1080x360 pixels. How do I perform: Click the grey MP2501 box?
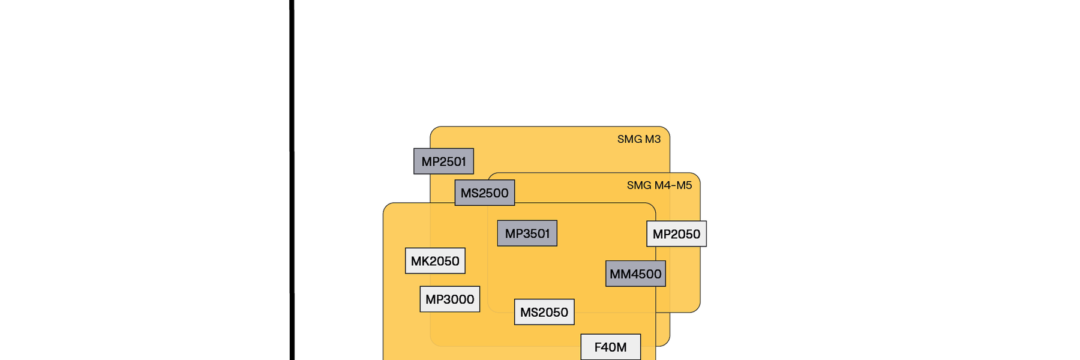[443, 161]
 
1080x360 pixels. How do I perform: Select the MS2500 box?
[484, 193]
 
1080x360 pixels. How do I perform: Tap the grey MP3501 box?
[527, 233]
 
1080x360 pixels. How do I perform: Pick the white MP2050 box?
[676, 234]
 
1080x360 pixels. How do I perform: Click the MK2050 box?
[435, 261]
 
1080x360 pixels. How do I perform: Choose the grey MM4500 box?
[635, 274]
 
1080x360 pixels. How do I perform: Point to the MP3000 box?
[449, 299]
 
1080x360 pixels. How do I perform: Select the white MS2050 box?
[544, 312]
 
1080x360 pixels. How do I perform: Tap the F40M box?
[610, 347]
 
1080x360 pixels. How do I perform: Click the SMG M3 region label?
[639, 139]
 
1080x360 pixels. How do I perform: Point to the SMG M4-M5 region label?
[659, 185]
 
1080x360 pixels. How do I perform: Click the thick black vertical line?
[292, 180]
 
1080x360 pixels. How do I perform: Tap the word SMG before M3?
[629, 139]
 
